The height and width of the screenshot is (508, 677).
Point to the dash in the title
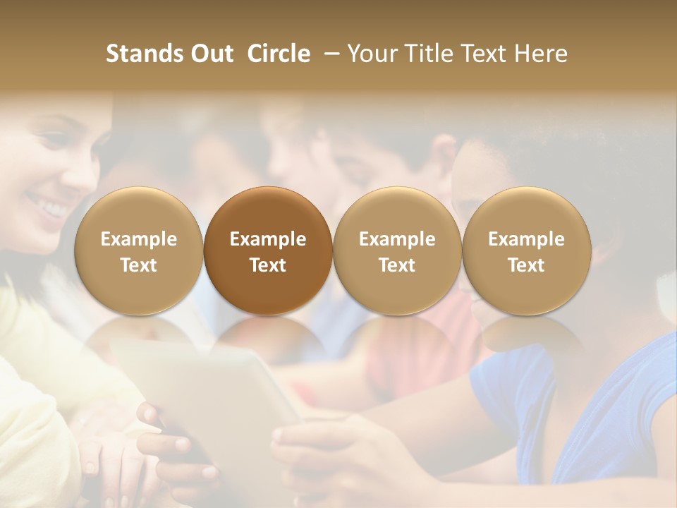[x=329, y=54]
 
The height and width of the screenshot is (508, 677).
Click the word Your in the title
[x=370, y=54]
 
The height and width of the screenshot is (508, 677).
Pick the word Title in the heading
[x=425, y=54]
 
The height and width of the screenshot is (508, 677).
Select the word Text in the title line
[x=480, y=54]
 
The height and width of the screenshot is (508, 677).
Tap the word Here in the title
[x=539, y=54]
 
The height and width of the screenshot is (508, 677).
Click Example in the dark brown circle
[x=268, y=239]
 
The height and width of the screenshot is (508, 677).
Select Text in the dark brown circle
[x=268, y=265]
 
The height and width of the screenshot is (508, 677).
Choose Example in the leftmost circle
[x=139, y=239]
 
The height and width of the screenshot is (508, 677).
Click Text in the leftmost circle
[x=139, y=265]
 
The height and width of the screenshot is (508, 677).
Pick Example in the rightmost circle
[x=526, y=239]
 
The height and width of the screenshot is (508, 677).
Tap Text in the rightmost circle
[x=526, y=265]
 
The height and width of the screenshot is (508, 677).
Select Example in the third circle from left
[x=397, y=239]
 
